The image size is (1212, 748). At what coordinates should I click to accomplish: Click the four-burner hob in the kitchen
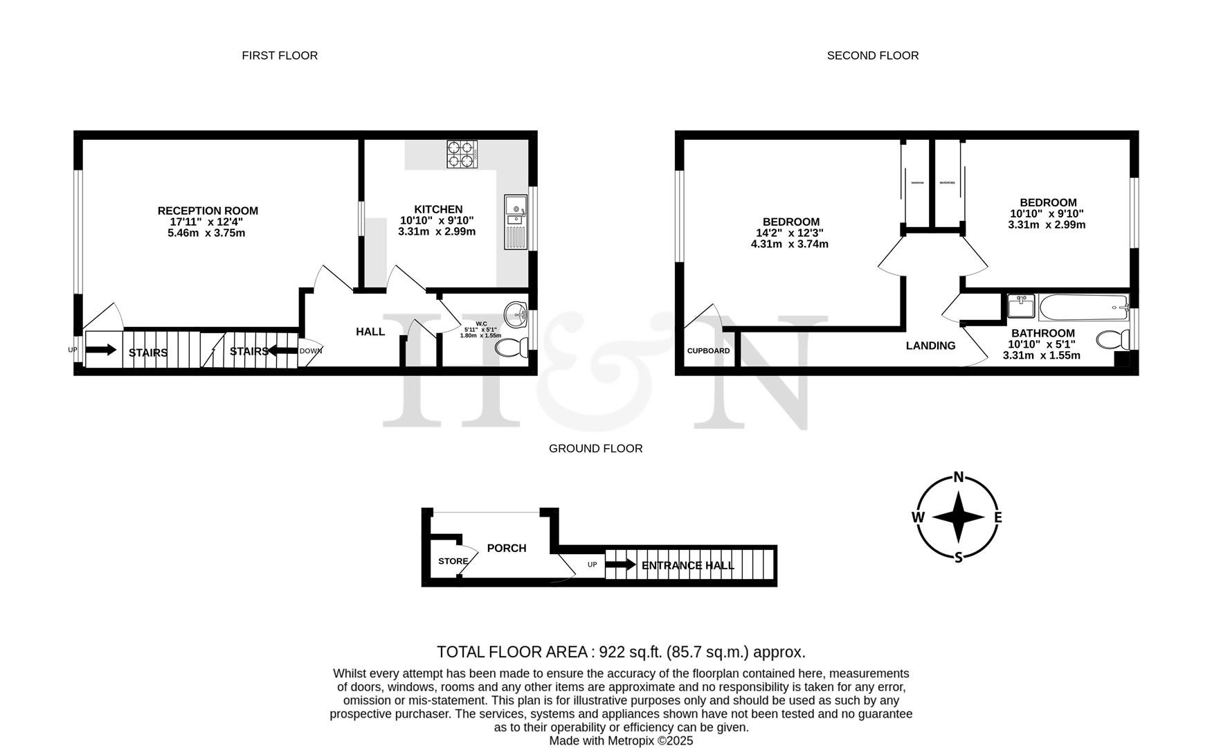tap(462, 154)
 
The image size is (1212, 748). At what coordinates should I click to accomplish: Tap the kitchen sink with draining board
tap(516, 221)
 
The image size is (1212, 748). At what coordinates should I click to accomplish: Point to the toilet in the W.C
tap(513, 347)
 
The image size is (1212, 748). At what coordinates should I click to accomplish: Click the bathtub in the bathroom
tap(1083, 305)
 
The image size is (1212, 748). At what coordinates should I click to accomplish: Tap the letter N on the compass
tap(959, 477)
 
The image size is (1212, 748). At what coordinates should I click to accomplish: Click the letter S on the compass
tap(959, 558)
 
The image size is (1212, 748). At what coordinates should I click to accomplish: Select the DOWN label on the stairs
tap(311, 351)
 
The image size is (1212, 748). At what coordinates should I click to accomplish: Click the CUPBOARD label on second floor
tap(708, 351)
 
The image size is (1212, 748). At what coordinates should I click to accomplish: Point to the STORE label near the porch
tap(453, 561)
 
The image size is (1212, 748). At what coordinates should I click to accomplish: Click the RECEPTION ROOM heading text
tap(208, 211)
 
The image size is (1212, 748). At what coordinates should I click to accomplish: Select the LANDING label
tap(930, 346)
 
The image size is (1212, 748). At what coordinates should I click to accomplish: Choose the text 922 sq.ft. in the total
tap(629, 652)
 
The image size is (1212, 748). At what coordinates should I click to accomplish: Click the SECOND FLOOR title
tap(872, 55)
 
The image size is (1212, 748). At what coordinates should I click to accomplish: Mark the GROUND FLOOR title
tap(595, 449)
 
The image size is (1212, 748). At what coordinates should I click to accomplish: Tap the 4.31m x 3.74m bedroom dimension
tap(789, 244)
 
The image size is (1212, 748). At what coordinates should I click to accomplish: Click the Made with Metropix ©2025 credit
tap(621, 740)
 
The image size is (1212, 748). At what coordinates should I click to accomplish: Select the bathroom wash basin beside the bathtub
tap(1021, 305)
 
